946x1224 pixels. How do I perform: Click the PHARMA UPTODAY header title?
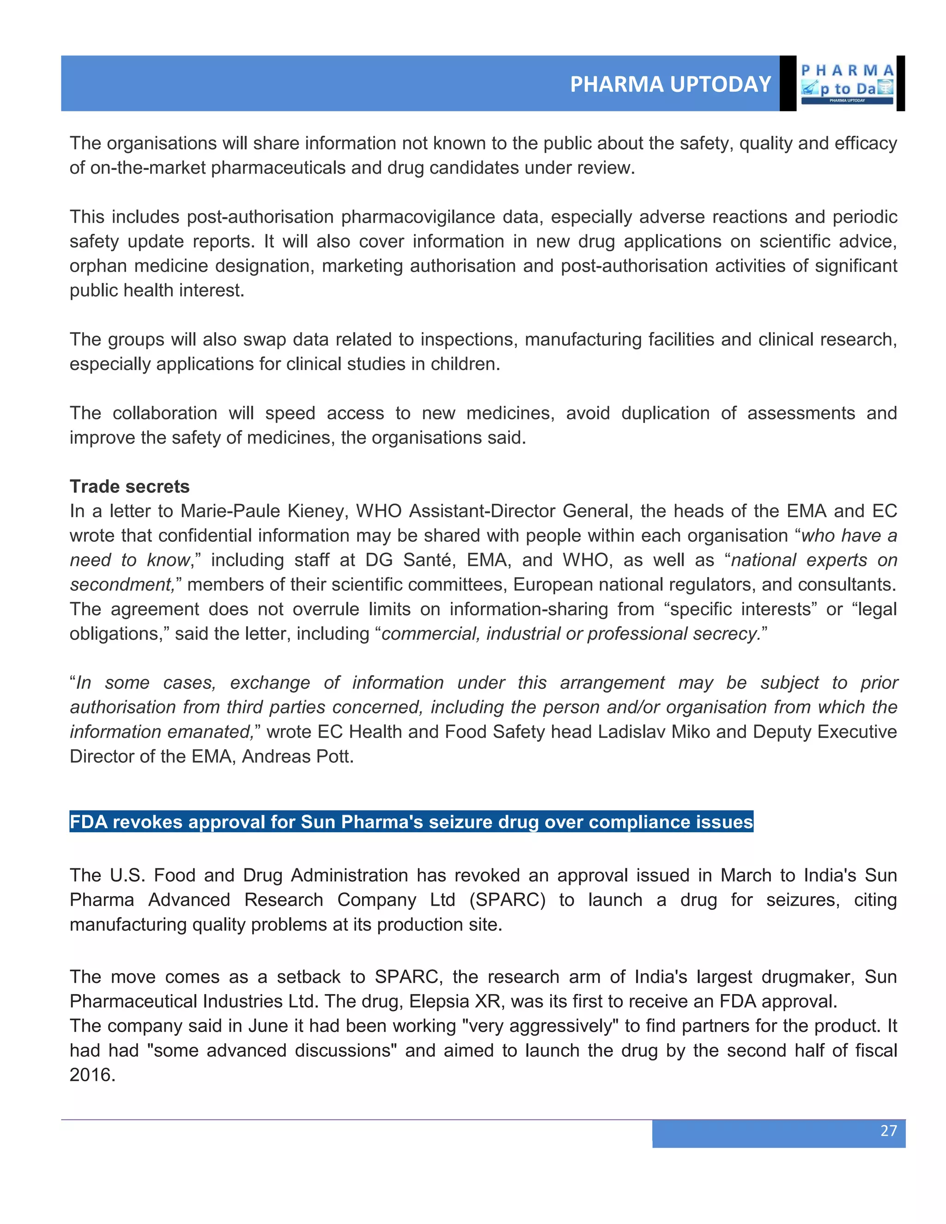tap(670, 84)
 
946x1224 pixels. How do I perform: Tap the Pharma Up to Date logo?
tap(847, 84)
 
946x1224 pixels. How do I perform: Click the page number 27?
tap(888, 1130)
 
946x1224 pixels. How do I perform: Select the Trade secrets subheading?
tap(129, 486)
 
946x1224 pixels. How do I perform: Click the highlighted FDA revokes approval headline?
tap(411, 822)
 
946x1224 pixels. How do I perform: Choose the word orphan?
tap(98, 266)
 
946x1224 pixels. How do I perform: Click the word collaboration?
tap(165, 413)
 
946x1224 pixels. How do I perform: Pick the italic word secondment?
tap(121, 585)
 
